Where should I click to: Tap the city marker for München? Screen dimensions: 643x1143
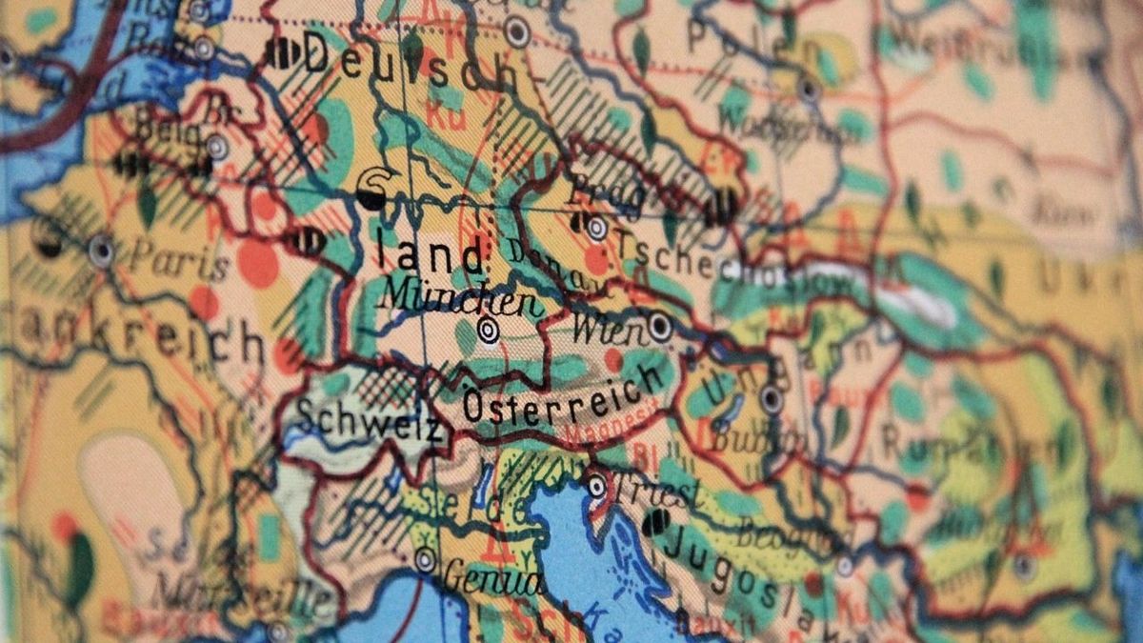489,331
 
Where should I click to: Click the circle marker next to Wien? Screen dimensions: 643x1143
660,327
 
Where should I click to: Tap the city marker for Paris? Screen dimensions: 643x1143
101,251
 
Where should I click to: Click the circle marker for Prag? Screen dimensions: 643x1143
596,228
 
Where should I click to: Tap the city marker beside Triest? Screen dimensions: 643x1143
596,486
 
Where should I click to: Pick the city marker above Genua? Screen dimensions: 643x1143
425,559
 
